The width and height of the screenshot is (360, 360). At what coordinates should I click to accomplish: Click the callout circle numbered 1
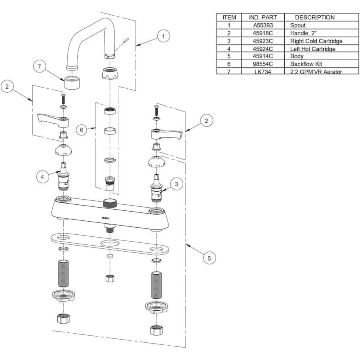click(x=163, y=36)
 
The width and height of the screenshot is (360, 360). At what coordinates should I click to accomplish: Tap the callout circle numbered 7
click(x=39, y=67)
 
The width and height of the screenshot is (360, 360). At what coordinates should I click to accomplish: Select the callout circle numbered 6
click(x=82, y=130)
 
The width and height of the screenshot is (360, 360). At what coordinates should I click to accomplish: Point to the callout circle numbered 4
click(x=43, y=177)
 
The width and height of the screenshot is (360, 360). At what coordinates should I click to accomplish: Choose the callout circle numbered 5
click(x=209, y=258)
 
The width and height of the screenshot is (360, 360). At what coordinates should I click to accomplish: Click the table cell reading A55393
click(x=263, y=25)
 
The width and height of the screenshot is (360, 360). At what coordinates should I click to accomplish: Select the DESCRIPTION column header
click(x=314, y=17)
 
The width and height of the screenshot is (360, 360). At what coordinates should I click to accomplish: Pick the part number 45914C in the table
click(x=263, y=56)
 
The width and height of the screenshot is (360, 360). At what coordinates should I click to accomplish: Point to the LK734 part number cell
click(x=263, y=71)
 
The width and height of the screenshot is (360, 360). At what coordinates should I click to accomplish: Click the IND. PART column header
click(x=263, y=17)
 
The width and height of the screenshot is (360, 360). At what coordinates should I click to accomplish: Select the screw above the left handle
click(x=62, y=97)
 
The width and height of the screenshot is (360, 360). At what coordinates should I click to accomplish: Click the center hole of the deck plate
click(x=109, y=243)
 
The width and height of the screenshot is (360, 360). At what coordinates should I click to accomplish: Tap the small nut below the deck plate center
click(x=110, y=278)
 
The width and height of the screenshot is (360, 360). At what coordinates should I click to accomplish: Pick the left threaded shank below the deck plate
click(x=64, y=273)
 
